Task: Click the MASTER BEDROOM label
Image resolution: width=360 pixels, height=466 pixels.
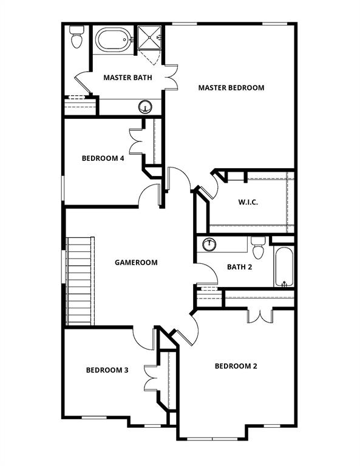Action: [x=231, y=88]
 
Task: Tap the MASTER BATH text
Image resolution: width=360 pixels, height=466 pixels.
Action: [x=127, y=78]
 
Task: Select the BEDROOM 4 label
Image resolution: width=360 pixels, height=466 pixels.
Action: [x=103, y=158]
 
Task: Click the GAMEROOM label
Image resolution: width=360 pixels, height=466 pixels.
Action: [x=136, y=263]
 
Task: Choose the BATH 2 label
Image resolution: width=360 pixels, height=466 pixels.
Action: [x=240, y=266]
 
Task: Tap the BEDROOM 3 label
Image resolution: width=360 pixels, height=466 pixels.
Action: [x=107, y=370]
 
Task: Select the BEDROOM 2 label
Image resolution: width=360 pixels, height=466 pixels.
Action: [x=236, y=366]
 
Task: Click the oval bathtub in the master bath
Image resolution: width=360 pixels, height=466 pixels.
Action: [x=113, y=40]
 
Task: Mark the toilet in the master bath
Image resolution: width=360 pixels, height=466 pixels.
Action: [x=76, y=38]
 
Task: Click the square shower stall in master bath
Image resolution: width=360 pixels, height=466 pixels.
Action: [x=151, y=38]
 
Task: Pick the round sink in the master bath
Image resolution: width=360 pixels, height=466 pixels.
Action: [x=145, y=107]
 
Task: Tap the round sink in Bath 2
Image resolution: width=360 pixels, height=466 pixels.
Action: [x=210, y=245]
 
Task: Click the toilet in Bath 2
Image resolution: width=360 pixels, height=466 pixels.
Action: [x=257, y=247]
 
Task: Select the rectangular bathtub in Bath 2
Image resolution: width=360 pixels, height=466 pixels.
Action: [x=283, y=265]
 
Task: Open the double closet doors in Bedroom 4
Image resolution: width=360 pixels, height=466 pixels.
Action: [x=136, y=141]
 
